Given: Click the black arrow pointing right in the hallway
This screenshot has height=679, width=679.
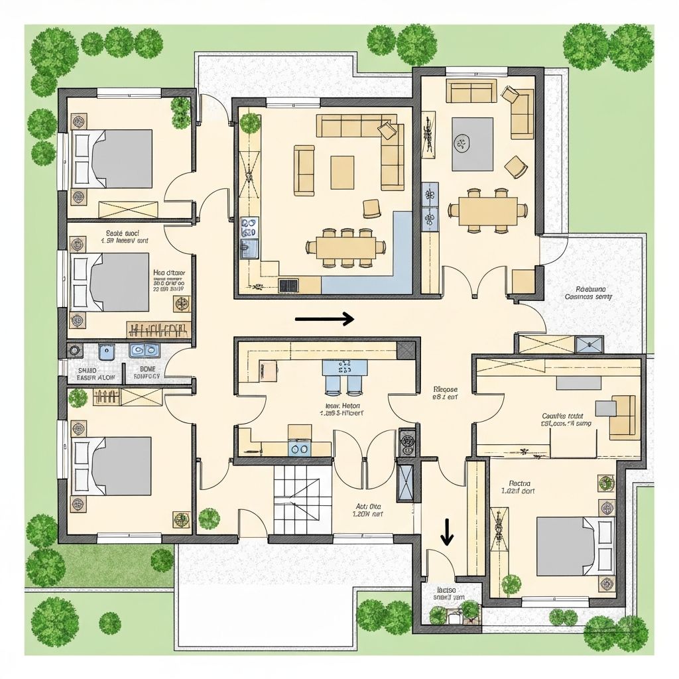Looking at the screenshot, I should coord(324,319).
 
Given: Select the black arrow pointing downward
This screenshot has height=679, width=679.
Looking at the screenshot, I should coord(447,531).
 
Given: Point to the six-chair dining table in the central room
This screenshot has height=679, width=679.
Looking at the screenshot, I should coord(344,247).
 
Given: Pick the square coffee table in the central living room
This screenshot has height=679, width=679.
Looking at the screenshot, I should coord(343,170).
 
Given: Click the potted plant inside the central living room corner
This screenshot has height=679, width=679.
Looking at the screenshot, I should coord(250,123).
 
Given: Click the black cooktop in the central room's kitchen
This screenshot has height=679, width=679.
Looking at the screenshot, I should coord(288,285).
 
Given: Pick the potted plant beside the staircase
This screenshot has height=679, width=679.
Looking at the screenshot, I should coord(210,517).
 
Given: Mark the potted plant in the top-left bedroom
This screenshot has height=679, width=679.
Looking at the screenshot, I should coord(180,112).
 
